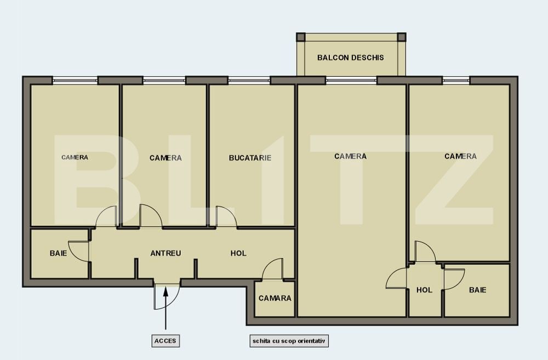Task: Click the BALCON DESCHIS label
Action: pos(351,58)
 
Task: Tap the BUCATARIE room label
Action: pos(250,158)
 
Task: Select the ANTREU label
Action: pos(165,253)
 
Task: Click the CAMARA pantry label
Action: pos(275,298)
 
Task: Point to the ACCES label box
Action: pos(165,341)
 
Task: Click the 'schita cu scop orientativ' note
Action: pos(289,341)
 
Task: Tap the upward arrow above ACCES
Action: pos(165,307)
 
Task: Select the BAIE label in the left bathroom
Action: pos(59,253)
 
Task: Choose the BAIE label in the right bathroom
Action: pos(477,290)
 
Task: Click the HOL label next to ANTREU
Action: pos(238,253)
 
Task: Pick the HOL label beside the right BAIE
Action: pos(424,290)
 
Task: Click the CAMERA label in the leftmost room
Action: pos(75,157)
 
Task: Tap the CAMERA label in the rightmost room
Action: pos(460,156)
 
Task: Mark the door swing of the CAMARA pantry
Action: pos(272,270)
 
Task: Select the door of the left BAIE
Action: pos(78,250)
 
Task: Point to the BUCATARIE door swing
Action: pos(225,216)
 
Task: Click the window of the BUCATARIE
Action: pos(249,80)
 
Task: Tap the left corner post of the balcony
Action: pos(300,37)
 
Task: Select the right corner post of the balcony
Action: pos(401,37)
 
